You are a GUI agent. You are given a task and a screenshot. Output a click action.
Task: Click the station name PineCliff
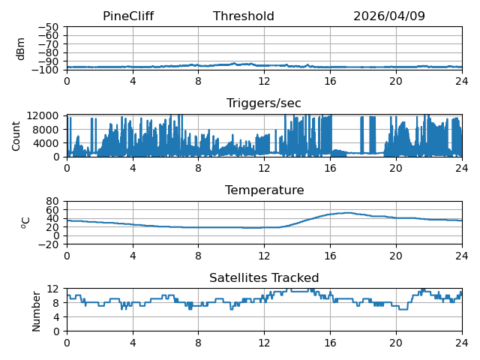pos(128,16)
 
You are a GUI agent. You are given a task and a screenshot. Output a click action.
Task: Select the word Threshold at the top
pos(243,16)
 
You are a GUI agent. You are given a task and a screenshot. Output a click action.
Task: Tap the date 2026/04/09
pos(389,16)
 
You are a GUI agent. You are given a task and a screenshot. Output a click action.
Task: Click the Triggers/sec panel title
pos(264,103)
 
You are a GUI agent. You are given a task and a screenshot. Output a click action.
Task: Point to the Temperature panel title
pos(265,190)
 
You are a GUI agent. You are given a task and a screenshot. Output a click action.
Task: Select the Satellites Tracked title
pos(264,277)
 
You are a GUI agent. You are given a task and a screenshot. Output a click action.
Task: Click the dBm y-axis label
pos(20,49)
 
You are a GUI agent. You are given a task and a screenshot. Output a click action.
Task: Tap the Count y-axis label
pos(16,136)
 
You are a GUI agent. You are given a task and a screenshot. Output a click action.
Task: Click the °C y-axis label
pos(25,223)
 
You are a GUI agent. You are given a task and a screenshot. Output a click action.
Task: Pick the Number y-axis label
pos(36,311)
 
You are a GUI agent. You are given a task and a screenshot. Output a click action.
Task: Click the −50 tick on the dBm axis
pos(48,27)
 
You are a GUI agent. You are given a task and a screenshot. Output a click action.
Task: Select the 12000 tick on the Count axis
pos(43,115)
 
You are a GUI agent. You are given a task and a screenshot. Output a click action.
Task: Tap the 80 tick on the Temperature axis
pos(52,201)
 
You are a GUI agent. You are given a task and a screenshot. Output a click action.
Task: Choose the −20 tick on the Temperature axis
pos(48,244)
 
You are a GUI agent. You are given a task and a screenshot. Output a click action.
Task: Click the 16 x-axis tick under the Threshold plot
pos(330,81)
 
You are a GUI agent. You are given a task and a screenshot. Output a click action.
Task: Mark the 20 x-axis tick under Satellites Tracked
pos(396,342)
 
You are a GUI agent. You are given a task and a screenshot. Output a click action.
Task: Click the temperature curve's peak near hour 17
pos(347,213)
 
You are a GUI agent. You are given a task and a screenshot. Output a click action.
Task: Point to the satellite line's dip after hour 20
pos(403,309)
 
